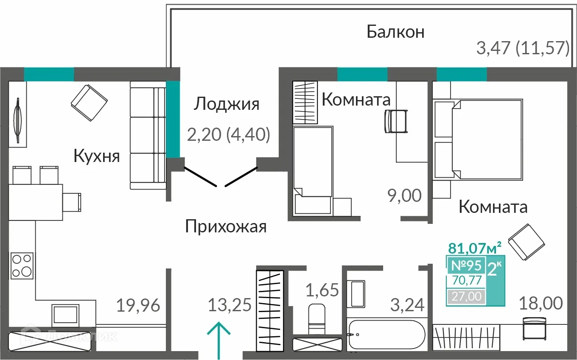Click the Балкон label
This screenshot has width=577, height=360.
point(395,32)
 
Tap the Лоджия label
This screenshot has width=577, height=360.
point(226,104)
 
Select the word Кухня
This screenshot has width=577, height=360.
point(97,156)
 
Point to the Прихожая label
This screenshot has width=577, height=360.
point(226,227)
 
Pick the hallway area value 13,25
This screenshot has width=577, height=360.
point(230,305)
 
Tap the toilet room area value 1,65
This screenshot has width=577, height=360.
point(322,290)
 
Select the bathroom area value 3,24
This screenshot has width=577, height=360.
point(408,305)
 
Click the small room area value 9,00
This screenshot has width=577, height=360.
point(404,196)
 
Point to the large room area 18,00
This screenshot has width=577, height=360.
point(541,304)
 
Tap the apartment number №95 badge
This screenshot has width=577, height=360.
point(465,265)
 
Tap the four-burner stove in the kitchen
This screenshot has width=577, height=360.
point(22,265)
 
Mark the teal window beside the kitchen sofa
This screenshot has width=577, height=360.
point(173,119)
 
